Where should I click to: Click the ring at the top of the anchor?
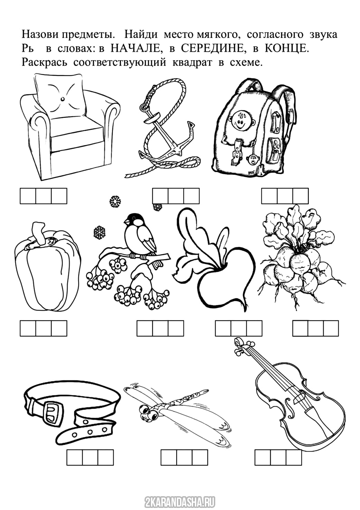[x=144, y=106]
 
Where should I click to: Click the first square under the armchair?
[x=28, y=196]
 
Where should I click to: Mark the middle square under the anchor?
[x=176, y=196]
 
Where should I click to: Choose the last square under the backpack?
[x=301, y=196]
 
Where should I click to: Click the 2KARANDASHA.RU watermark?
[x=180, y=502]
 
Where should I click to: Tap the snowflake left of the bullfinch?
[x=100, y=232]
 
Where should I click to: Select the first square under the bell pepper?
[x=28, y=328]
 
